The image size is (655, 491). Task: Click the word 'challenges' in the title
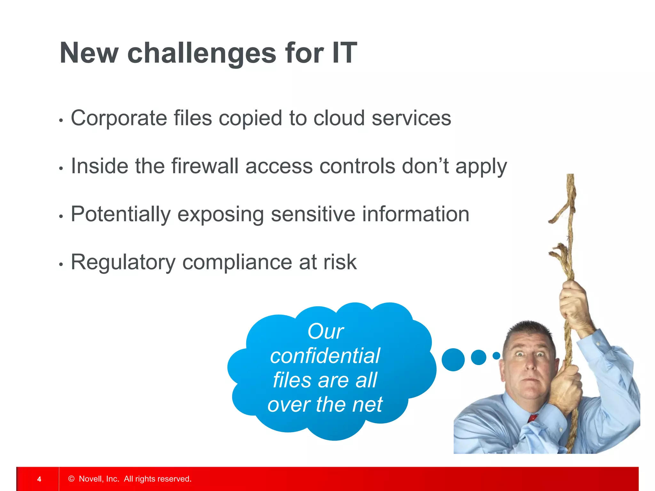(x=201, y=53)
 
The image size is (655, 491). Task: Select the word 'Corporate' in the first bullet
(x=119, y=118)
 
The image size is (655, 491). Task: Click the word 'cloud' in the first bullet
(x=339, y=118)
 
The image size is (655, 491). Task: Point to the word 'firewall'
(x=205, y=166)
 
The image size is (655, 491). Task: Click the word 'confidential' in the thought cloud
(x=325, y=355)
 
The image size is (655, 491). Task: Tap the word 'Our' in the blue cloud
(x=325, y=331)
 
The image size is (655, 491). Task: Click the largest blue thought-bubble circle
(x=453, y=360)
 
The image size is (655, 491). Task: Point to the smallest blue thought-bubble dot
(x=496, y=355)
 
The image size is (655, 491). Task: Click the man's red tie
(x=533, y=417)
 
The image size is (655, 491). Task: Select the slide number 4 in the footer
(x=39, y=479)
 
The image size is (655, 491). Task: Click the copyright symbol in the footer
(x=71, y=479)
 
